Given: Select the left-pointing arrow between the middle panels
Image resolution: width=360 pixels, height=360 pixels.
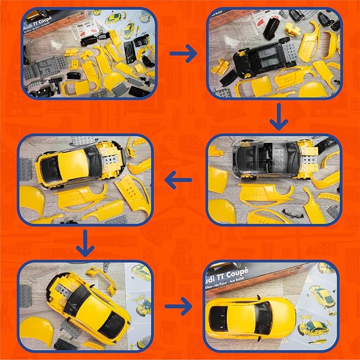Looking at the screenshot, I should point(178,181).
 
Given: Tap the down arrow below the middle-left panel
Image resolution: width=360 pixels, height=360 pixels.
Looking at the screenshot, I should point(85,244).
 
